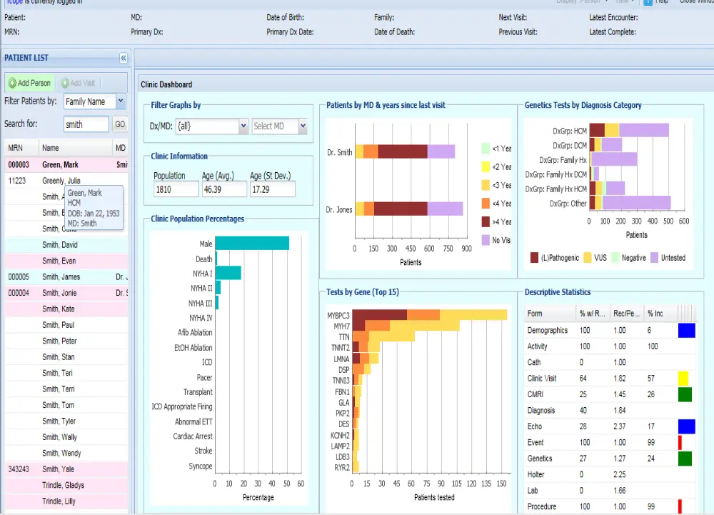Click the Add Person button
(30, 83)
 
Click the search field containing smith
(86, 124)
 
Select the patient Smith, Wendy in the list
(61, 453)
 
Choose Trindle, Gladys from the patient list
(63, 485)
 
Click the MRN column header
(15, 148)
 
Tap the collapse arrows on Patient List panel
(123, 58)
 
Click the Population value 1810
(176, 189)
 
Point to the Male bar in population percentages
(252, 244)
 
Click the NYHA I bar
(228, 273)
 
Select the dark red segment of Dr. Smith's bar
(403, 151)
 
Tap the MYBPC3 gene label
(338, 315)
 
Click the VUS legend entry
(594, 258)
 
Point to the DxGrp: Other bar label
(568, 204)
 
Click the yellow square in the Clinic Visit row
(683, 379)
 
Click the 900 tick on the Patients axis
(466, 249)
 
